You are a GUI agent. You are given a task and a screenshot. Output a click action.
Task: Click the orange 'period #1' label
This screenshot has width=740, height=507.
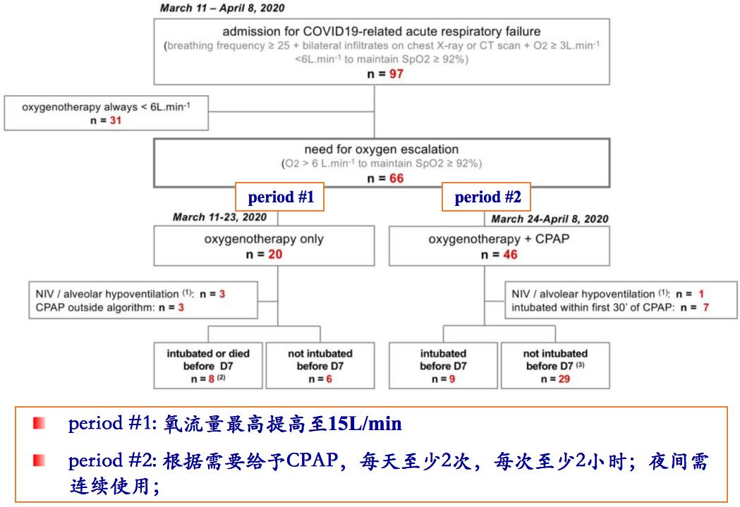tap(281, 197)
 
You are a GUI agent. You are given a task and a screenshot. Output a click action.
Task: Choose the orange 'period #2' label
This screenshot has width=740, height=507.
tap(486, 197)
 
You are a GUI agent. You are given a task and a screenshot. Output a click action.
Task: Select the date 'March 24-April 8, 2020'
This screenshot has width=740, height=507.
tap(550, 219)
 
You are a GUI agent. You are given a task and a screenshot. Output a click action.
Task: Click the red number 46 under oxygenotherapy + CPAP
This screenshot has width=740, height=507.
tap(509, 254)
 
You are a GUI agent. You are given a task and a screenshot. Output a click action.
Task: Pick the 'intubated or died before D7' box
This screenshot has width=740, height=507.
tap(208, 365)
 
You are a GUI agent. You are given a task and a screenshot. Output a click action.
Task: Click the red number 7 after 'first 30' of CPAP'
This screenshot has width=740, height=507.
tap(705, 307)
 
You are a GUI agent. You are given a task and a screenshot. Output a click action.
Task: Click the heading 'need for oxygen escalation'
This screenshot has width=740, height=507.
tap(381, 149)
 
